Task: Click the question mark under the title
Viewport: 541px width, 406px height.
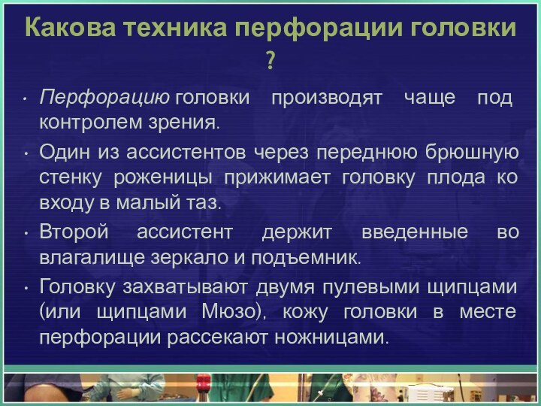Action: [x=270, y=58]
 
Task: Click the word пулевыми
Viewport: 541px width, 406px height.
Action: [x=362, y=286]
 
